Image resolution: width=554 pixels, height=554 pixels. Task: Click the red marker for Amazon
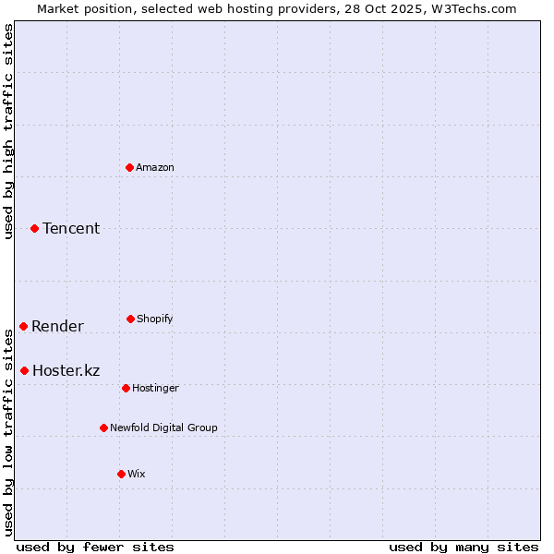pyautogui.click(x=130, y=167)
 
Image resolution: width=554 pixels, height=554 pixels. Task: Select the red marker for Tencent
pyautogui.click(x=35, y=228)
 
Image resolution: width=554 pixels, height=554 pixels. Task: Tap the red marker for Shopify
pyautogui.click(x=130, y=319)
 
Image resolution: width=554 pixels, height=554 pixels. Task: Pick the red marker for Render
pyautogui.click(x=24, y=326)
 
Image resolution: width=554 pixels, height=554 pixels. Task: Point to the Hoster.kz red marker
pyautogui.click(x=25, y=370)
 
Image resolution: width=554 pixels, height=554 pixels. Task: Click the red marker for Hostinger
pyautogui.click(x=126, y=388)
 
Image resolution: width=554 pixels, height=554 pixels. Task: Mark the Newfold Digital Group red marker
pyautogui.click(x=103, y=428)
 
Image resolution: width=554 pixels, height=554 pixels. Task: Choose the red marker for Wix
pyautogui.click(x=121, y=474)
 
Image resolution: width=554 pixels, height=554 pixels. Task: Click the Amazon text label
pyautogui.click(x=155, y=167)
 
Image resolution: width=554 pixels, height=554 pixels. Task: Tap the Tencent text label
pyautogui.click(x=71, y=228)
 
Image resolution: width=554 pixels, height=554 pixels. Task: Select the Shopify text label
pyautogui.click(x=155, y=319)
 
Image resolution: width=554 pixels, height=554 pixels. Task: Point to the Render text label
pyautogui.click(x=57, y=326)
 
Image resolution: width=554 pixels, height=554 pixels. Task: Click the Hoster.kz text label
pyautogui.click(x=66, y=370)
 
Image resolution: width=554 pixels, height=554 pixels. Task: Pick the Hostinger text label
pyautogui.click(x=155, y=388)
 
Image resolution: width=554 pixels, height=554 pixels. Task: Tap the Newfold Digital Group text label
pyautogui.click(x=163, y=428)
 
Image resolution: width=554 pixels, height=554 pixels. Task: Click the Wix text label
pyautogui.click(x=137, y=474)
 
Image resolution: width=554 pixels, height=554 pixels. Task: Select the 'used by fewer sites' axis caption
pyautogui.click(x=95, y=547)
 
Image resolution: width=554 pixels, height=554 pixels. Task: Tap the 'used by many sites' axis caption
pyautogui.click(x=464, y=547)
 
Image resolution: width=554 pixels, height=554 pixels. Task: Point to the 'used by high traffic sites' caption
pyautogui.click(x=8, y=131)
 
